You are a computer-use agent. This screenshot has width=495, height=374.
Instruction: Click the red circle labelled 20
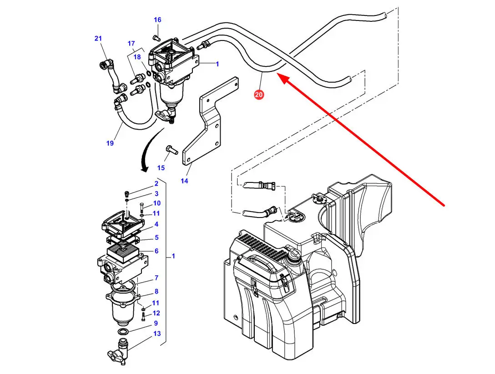coord(259,95)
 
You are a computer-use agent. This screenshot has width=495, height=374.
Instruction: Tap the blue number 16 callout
coord(157,20)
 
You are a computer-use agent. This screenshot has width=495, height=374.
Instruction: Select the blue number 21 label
coord(98,39)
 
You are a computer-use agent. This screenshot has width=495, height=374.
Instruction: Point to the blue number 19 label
coord(110,143)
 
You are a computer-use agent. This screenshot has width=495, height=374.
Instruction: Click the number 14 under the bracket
coord(184,181)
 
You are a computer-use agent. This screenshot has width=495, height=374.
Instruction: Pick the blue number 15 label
coord(161,168)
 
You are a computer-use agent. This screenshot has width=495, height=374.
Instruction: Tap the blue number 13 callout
coord(157,334)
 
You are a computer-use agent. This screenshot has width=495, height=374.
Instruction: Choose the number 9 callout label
coord(156,323)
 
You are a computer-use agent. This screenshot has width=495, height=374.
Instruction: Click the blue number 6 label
coord(156,251)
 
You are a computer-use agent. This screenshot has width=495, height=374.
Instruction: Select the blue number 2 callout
coord(156,184)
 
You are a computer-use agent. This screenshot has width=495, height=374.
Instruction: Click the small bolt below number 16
coord(157,36)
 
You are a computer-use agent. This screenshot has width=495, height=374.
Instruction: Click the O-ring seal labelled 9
coord(123,331)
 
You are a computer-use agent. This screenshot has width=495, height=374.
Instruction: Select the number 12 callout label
coord(156,313)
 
